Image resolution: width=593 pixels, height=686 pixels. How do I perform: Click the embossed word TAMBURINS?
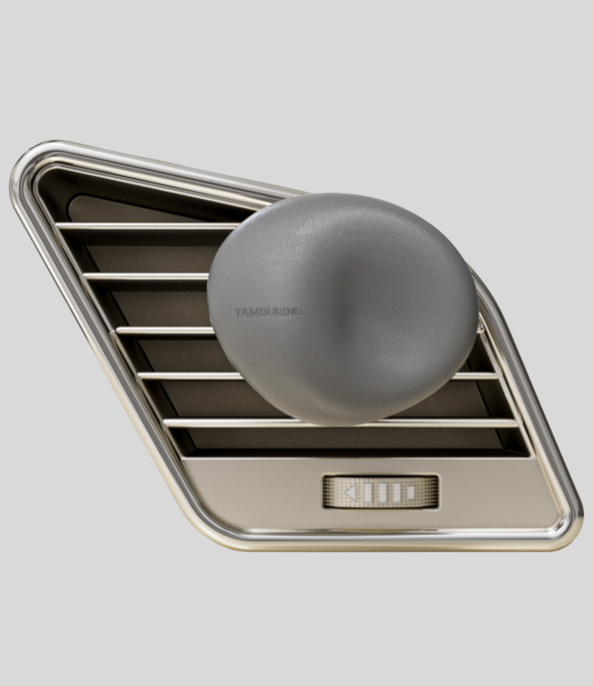click(267, 312)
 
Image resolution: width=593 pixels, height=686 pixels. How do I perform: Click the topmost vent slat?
click(148, 226)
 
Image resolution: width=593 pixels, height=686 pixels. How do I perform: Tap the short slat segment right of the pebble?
click(476, 376)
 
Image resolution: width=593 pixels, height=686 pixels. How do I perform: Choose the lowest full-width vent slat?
click(334, 423)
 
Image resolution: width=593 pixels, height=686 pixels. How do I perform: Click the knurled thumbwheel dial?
click(381, 492)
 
